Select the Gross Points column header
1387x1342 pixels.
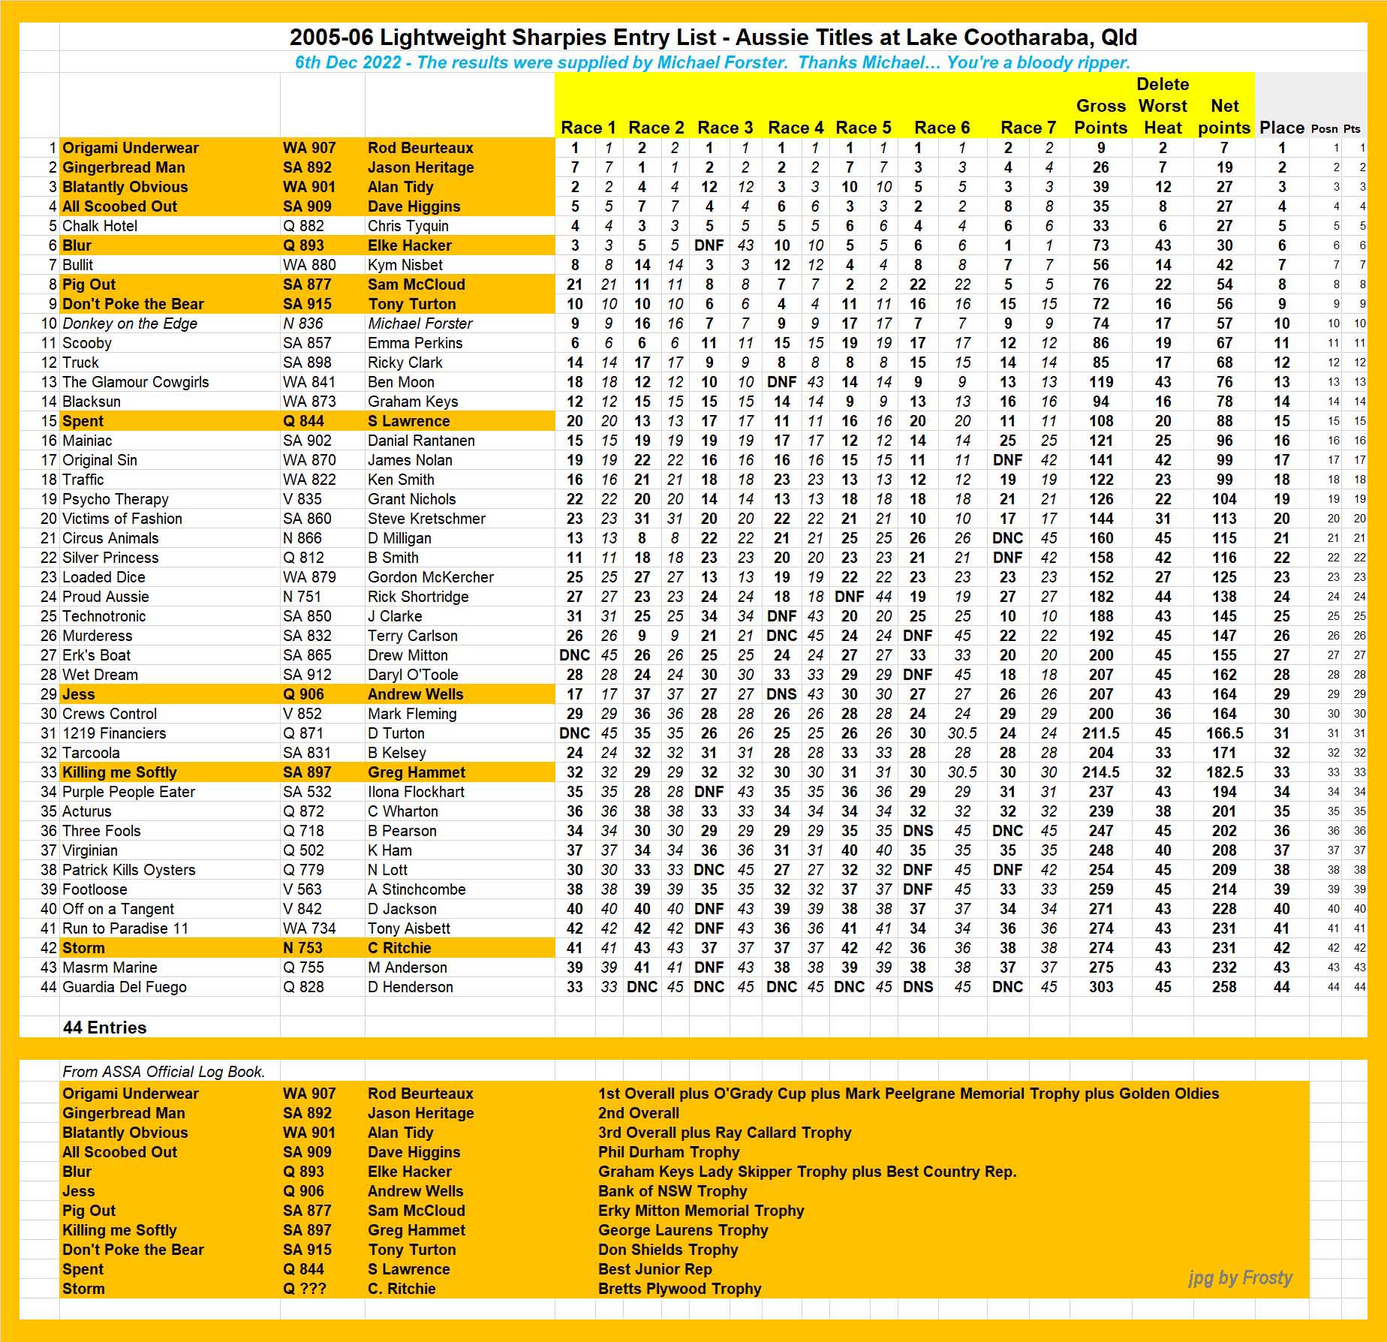coord(1100,117)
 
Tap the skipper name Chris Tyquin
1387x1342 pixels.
coord(408,226)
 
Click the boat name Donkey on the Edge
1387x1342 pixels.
coord(130,323)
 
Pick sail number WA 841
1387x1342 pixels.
coord(309,382)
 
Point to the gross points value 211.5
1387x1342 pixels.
coord(1100,733)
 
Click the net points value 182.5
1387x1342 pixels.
coord(1224,772)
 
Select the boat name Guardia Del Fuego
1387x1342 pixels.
coord(125,987)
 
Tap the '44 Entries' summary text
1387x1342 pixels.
coord(105,1028)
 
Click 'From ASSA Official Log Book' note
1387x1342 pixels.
coord(164,1072)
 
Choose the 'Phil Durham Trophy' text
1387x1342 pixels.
coord(669,1152)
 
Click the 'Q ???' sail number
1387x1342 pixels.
coord(305,1289)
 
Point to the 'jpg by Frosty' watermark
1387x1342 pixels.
coord(1240,1277)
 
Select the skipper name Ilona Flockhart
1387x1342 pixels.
coord(416,792)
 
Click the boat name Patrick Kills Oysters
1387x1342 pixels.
coord(129,870)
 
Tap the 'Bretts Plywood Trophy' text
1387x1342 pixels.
coord(679,1289)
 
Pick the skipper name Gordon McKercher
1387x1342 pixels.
coord(431,577)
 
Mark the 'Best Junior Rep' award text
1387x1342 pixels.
coord(654,1269)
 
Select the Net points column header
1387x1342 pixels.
coord(1224,117)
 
